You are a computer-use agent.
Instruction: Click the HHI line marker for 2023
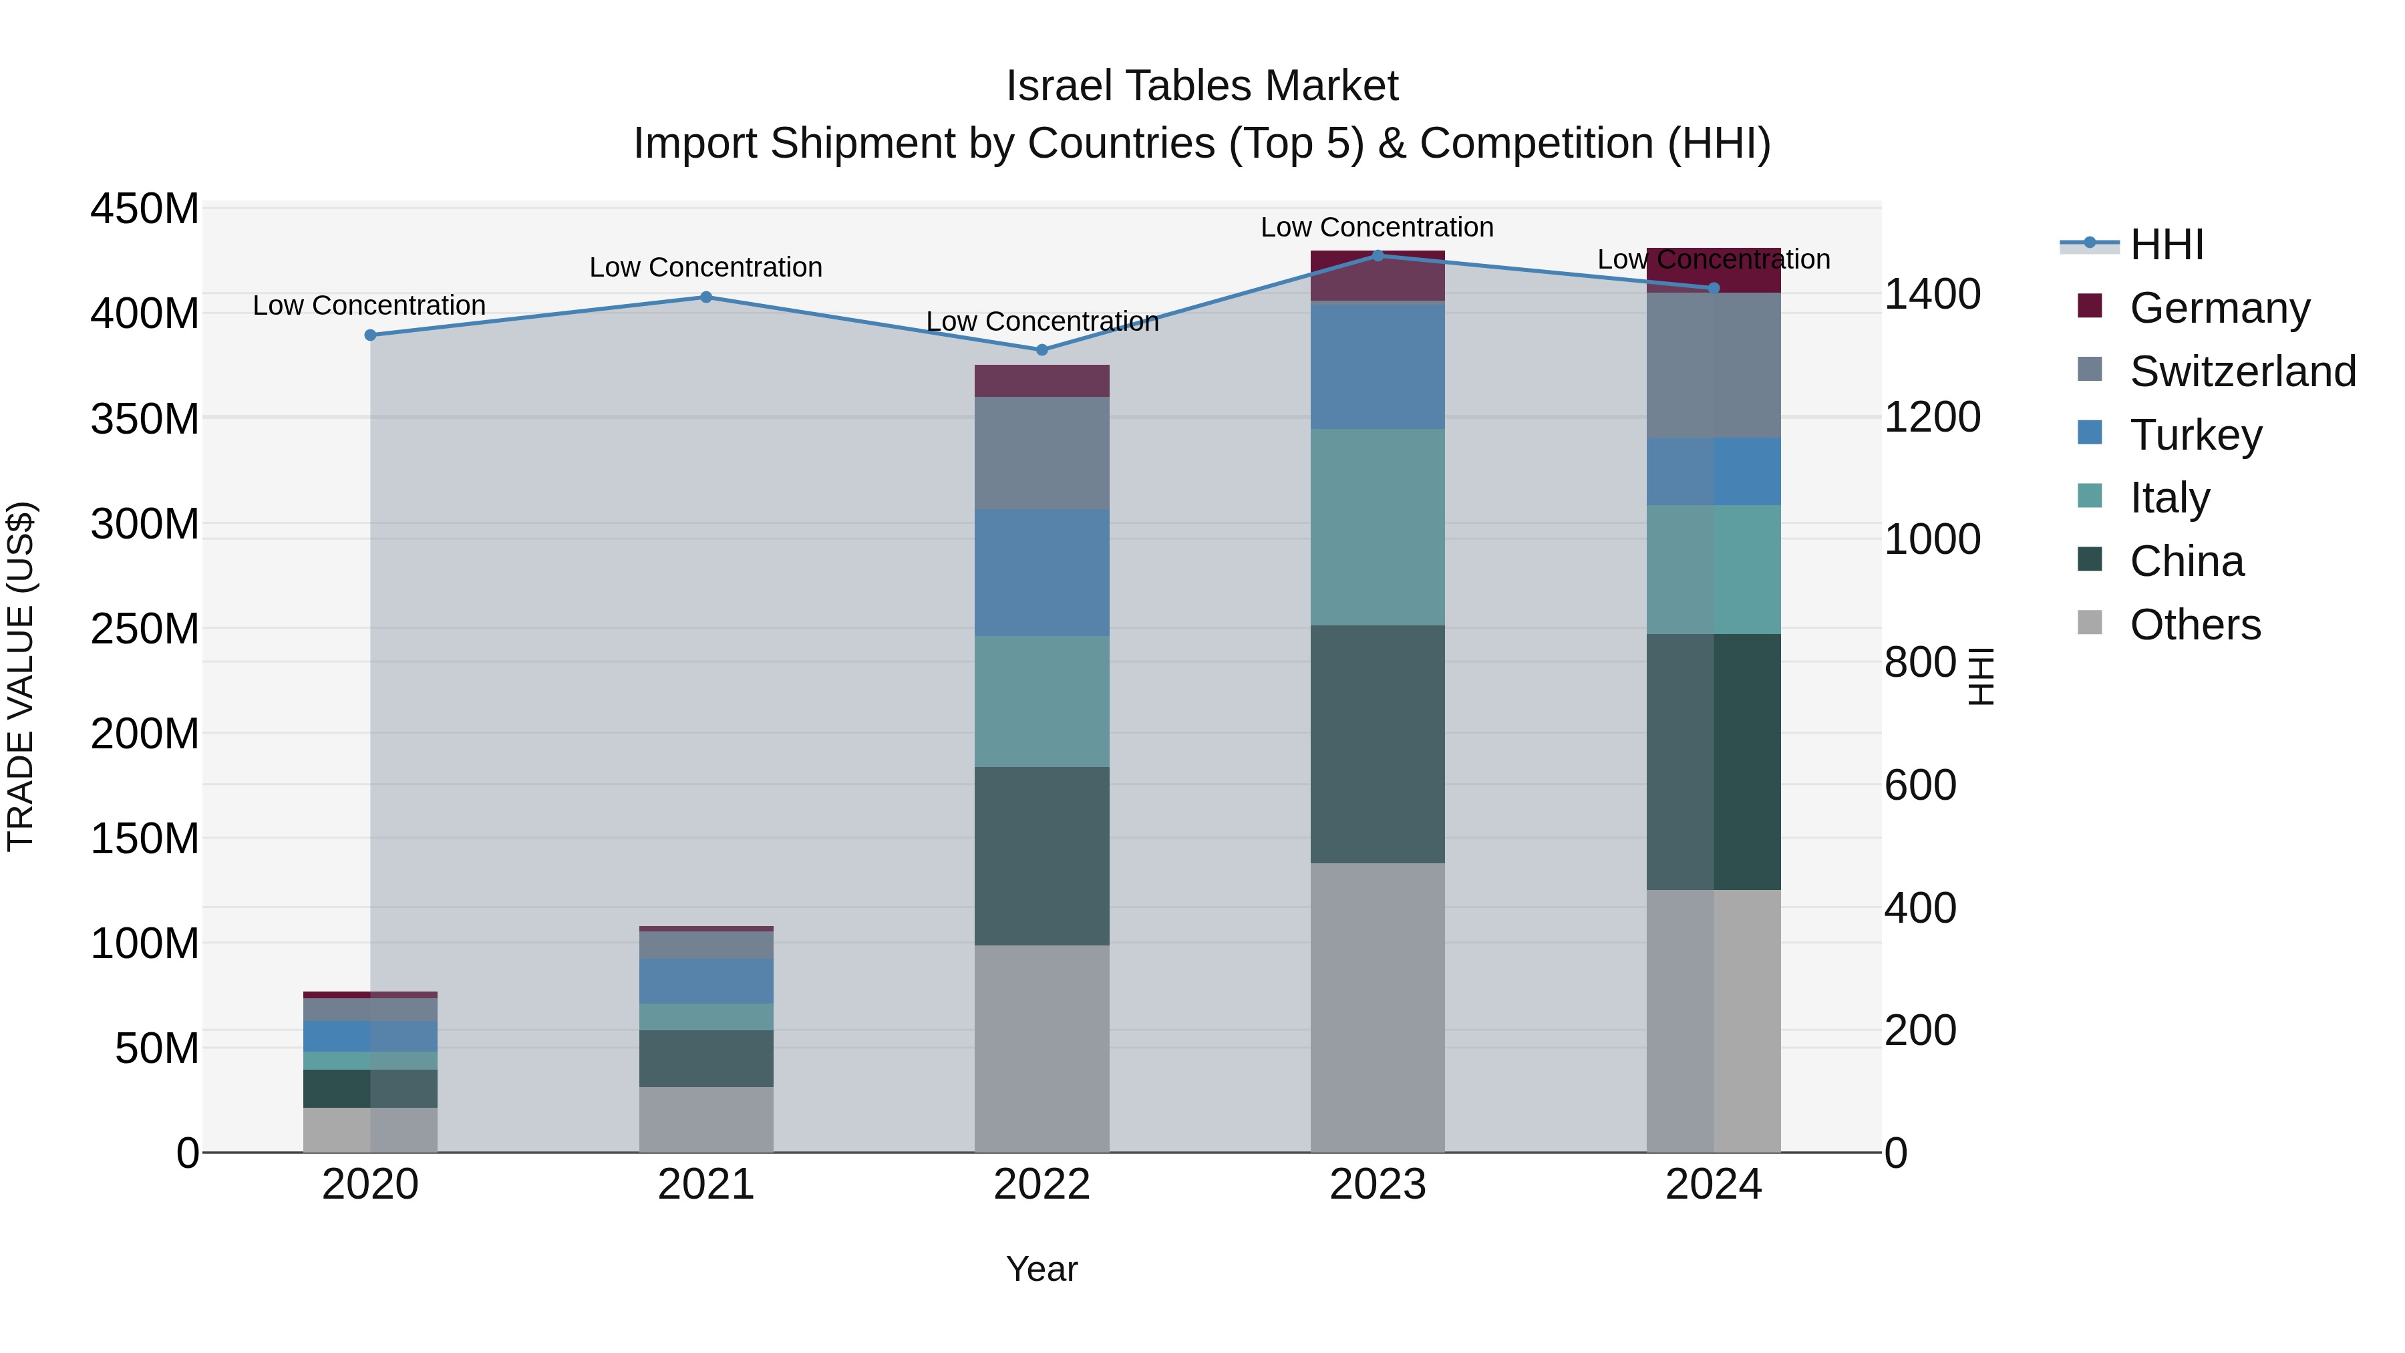tap(1377, 255)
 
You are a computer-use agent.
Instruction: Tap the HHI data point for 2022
tap(1042, 350)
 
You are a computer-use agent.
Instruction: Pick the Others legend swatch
tap(2090, 623)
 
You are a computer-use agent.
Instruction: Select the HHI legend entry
tap(2166, 245)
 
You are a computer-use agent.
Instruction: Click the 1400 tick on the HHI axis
tap(1931, 294)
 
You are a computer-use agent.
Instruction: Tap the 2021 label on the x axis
tap(706, 1185)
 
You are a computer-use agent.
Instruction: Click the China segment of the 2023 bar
tap(1377, 744)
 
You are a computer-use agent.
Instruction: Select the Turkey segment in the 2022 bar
tap(1042, 573)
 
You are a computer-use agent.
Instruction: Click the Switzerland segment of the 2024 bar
tap(1713, 365)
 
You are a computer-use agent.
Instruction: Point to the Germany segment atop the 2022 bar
tap(1042, 381)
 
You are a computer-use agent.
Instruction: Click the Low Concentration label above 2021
tap(706, 267)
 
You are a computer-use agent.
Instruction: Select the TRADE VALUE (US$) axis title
tap(21, 676)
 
